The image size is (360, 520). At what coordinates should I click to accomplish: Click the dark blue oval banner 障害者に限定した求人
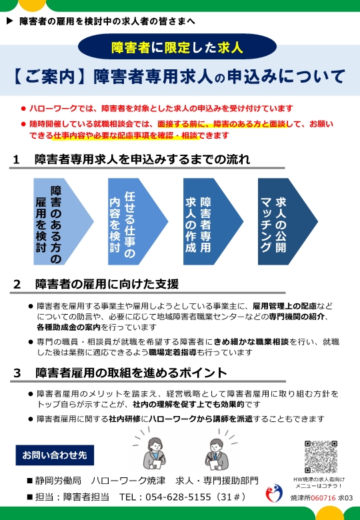click(x=177, y=47)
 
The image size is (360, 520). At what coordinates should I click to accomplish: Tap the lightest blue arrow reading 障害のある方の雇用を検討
click(x=60, y=221)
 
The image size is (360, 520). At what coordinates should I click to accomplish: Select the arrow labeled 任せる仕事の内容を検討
click(x=134, y=221)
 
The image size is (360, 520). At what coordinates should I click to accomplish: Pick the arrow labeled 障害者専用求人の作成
click(x=209, y=221)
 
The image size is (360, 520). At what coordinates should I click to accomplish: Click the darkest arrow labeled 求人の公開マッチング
click(x=284, y=221)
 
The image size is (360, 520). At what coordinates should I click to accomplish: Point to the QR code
click(x=321, y=457)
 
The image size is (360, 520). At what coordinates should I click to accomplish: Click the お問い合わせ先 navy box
click(x=55, y=455)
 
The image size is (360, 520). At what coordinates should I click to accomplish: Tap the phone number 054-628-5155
click(x=179, y=497)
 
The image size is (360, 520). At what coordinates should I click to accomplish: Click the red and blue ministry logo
click(x=274, y=493)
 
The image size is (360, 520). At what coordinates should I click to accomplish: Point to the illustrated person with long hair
click(x=154, y=453)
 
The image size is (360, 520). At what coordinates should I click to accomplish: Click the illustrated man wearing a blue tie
click(x=216, y=453)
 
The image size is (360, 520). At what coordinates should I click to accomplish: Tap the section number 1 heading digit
click(x=16, y=160)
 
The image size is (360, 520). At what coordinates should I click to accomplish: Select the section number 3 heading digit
click(x=17, y=373)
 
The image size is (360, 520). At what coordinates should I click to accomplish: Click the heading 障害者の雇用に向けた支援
click(x=107, y=284)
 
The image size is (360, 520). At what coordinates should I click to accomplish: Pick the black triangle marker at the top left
click(x=9, y=21)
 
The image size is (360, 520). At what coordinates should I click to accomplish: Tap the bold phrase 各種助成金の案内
click(x=69, y=327)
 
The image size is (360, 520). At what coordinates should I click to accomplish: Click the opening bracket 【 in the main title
click(x=18, y=77)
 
